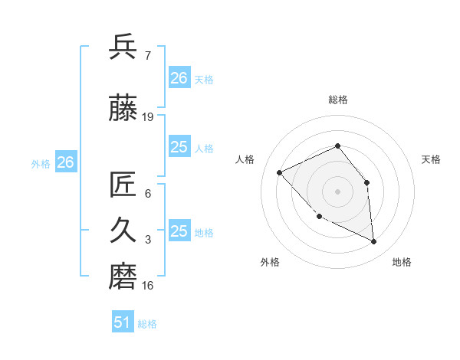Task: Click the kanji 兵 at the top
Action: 123,47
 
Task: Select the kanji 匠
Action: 123,185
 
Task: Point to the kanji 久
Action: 123,231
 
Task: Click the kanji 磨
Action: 123,277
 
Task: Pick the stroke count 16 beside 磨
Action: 148,286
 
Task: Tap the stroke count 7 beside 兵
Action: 147,56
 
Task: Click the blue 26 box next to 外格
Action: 65,162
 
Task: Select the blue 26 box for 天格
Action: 179,78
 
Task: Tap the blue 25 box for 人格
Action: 179,147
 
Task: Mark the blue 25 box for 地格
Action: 179,231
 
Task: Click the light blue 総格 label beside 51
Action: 147,324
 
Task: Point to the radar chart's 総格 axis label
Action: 337,100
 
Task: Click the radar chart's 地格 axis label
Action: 402,262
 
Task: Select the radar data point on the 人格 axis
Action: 280,172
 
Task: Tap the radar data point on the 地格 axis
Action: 373,241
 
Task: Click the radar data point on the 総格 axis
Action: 337,146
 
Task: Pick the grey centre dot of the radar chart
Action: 337,191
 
